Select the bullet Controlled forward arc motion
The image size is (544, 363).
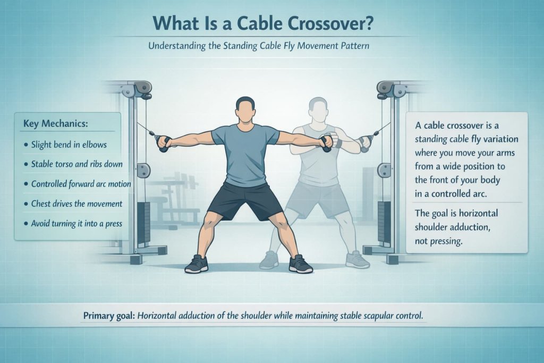[x=78, y=184]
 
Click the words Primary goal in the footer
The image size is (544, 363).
[x=109, y=316]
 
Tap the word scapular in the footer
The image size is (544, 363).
[x=372, y=316]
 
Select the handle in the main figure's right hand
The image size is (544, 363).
[x=163, y=142]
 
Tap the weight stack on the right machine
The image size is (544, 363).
[x=384, y=224]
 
